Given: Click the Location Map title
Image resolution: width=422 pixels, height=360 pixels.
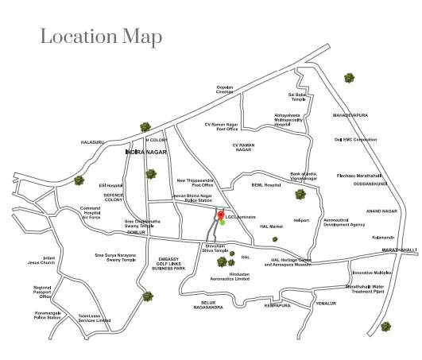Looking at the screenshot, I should tap(101, 37).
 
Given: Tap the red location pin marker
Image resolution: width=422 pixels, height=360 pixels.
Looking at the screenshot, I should tap(221, 215).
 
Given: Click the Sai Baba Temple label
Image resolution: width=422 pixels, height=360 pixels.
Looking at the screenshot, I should tap(297, 97).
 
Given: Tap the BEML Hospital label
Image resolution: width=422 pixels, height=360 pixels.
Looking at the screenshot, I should tap(267, 184).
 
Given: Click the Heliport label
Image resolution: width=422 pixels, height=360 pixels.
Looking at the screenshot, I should tap(301, 220).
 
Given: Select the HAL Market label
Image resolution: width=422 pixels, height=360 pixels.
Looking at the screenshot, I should tap(271, 227).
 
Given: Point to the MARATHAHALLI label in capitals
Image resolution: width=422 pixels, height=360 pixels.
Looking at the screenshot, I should tap(398, 250).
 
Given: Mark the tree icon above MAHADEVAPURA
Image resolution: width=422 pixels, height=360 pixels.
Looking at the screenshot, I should tap(349, 78).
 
